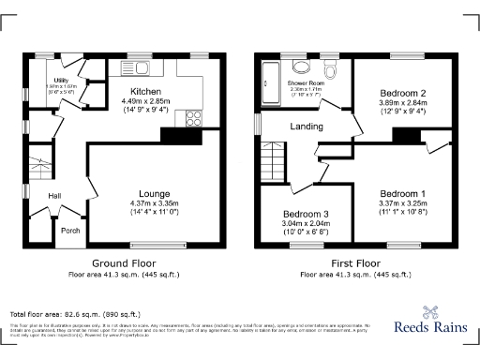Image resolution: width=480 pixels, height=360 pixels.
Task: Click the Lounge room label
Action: coord(154,193)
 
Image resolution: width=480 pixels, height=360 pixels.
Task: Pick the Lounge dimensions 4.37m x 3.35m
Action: coord(154,203)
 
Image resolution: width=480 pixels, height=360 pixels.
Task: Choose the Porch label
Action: coord(70,230)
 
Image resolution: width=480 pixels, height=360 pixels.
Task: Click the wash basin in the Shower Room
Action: coord(302,67)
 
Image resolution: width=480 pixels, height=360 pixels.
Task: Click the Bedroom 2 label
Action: coord(403,93)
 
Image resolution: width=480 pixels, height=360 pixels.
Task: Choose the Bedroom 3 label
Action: coord(306,215)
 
